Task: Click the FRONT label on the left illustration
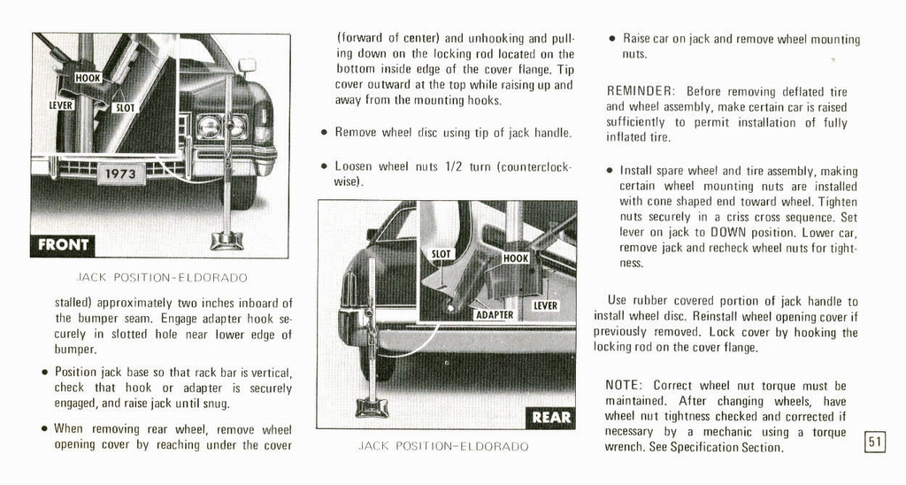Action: click(x=62, y=244)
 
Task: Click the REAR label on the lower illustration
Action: click(x=551, y=417)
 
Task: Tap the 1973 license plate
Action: click(x=119, y=173)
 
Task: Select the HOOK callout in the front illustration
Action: click(x=88, y=78)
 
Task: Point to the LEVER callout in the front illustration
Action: click(x=61, y=104)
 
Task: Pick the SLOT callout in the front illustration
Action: click(x=126, y=107)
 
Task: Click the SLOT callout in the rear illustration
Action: click(x=441, y=254)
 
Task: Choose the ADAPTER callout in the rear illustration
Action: click(x=495, y=314)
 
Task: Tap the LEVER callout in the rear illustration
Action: click(x=545, y=305)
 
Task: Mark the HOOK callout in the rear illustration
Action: click(x=516, y=258)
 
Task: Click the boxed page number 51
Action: click(x=874, y=440)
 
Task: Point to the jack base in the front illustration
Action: click(x=226, y=240)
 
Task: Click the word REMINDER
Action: click(x=641, y=91)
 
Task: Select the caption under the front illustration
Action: click(x=162, y=277)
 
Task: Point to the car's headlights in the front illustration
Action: click(x=221, y=127)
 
